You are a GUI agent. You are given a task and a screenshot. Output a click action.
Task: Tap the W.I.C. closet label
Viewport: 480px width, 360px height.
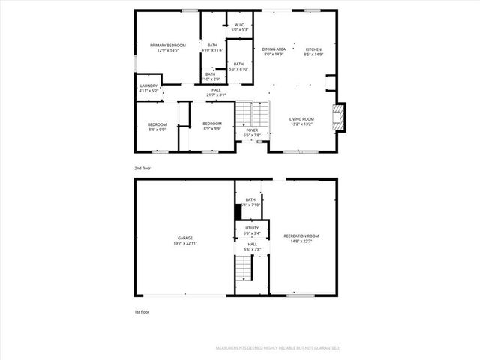click(240, 25)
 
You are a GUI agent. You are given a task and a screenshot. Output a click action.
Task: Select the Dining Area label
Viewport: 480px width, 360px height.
click(274, 49)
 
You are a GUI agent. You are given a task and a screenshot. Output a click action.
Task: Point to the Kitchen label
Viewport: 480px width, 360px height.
click(313, 49)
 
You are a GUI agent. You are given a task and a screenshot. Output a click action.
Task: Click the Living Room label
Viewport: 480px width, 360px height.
click(302, 118)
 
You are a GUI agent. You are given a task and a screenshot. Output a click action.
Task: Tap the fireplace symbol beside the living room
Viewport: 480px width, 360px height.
click(340, 117)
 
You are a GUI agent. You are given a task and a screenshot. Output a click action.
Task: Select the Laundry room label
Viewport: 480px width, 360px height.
click(148, 85)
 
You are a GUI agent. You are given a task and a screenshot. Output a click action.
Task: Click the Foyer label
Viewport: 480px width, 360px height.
click(253, 130)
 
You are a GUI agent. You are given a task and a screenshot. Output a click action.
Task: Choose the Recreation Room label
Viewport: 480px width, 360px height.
click(301, 235)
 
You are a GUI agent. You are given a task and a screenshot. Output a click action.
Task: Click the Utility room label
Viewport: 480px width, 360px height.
click(252, 228)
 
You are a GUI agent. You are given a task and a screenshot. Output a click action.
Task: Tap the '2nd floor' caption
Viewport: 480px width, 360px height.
click(142, 169)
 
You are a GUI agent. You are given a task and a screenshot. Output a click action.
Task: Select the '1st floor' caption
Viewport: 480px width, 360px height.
click(142, 310)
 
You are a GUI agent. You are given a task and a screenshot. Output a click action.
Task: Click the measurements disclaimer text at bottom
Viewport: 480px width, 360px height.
click(277, 348)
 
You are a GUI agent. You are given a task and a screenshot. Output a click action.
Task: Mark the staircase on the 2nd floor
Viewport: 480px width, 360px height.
click(253, 113)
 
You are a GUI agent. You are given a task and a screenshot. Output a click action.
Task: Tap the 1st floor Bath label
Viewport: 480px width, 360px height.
click(250, 199)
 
